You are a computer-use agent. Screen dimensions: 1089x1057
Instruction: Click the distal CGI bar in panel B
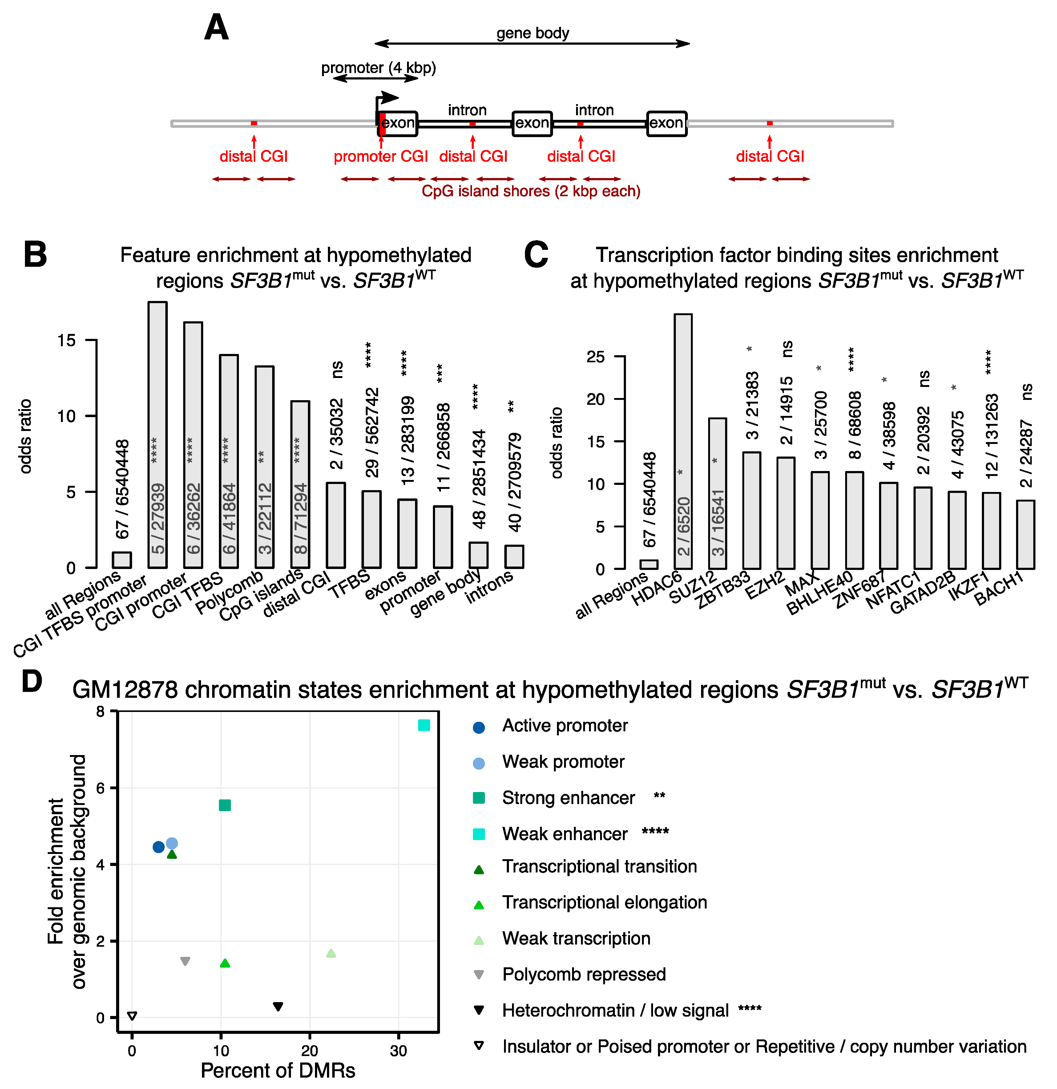tap(336, 525)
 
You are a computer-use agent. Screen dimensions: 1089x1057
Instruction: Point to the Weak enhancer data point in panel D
tap(424, 725)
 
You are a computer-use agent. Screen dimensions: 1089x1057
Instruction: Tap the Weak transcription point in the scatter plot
tap(331, 953)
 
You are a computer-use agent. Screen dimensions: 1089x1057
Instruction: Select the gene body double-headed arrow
tap(532, 43)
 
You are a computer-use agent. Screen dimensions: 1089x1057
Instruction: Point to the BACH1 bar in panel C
tap(1025, 534)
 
